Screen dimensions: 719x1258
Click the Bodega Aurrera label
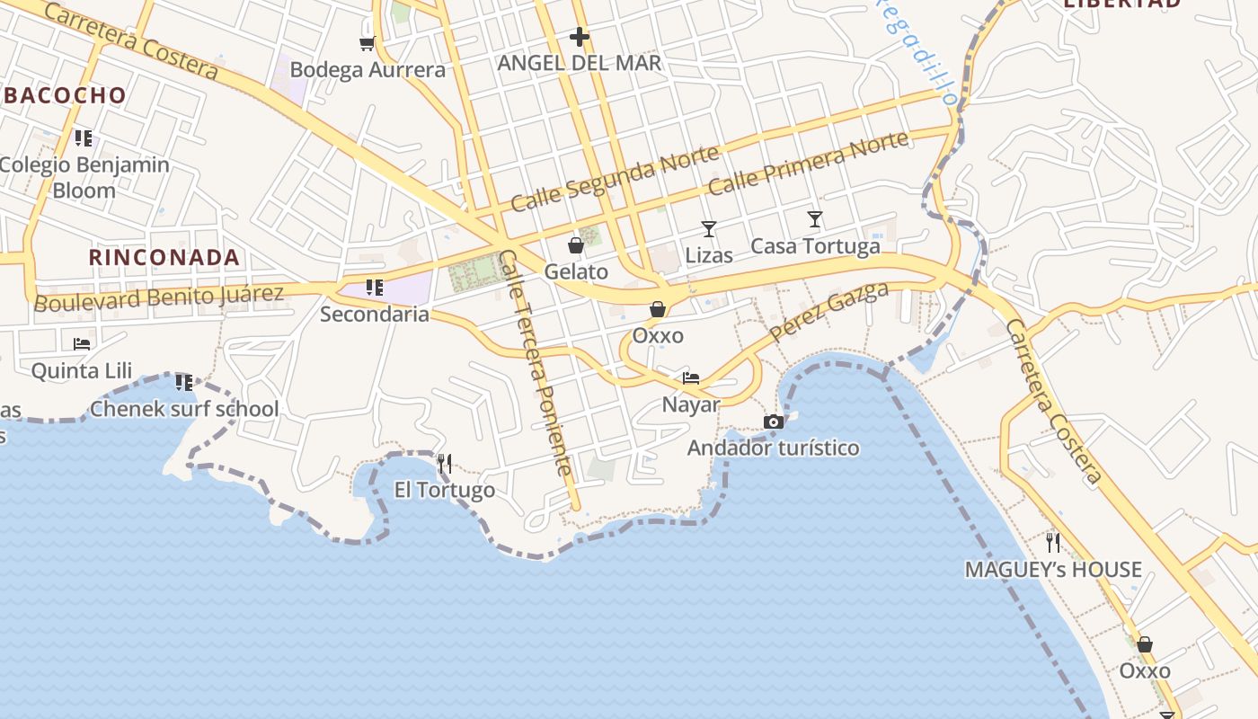pyautogui.click(x=368, y=70)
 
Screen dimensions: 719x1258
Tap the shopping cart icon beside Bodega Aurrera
pyautogui.click(x=367, y=43)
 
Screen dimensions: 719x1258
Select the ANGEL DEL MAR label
pyautogui.click(x=580, y=63)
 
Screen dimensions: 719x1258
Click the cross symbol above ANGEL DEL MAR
pyautogui.click(x=580, y=37)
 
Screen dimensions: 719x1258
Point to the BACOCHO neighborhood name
pyautogui.click(x=64, y=95)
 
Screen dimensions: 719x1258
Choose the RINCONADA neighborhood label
pyautogui.click(x=164, y=258)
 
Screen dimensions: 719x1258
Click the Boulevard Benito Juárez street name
pyautogui.click(x=159, y=297)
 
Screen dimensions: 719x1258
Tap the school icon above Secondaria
pyautogui.click(x=375, y=288)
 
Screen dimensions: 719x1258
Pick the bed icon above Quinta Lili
pyautogui.click(x=82, y=343)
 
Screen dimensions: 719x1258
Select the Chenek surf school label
pyautogui.click(x=184, y=410)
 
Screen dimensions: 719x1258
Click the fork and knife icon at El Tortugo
pyautogui.click(x=445, y=464)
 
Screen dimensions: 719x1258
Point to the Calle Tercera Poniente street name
pyautogui.click(x=536, y=362)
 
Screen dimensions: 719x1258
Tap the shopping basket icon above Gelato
pyautogui.click(x=576, y=245)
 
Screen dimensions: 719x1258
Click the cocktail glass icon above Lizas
pyautogui.click(x=709, y=229)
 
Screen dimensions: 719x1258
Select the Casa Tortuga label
pyautogui.click(x=815, y=246)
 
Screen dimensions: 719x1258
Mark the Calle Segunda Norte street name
pyautogui.click(x=615, y=179)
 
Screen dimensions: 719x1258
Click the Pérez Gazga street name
pyautogui.click(x=829, y=312)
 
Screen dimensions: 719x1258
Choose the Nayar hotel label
pyautogui.click(x=691, y=404)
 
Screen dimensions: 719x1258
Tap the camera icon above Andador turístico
pyautogui.click(x=774, y=422)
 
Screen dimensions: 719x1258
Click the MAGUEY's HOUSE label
pyautogui.click(x=1053, y=570)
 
